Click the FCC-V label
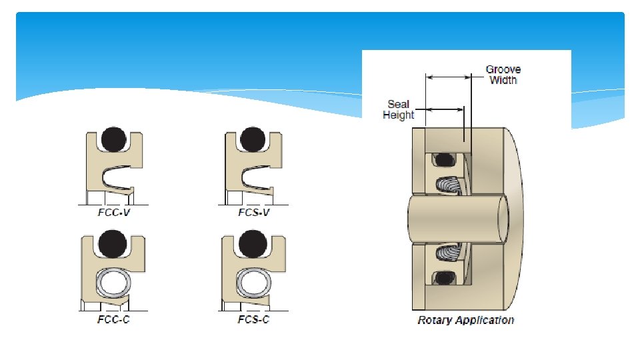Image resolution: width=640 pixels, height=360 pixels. coord(110,213)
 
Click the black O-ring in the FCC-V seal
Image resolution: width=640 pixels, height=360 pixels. coord(113,140)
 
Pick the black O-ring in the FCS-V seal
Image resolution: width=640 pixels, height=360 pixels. coord(251,140)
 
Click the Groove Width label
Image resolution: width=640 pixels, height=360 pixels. coord(503,75)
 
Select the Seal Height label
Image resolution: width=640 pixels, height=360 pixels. coord(399,109)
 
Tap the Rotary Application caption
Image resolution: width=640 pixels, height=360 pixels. coord(465,320)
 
